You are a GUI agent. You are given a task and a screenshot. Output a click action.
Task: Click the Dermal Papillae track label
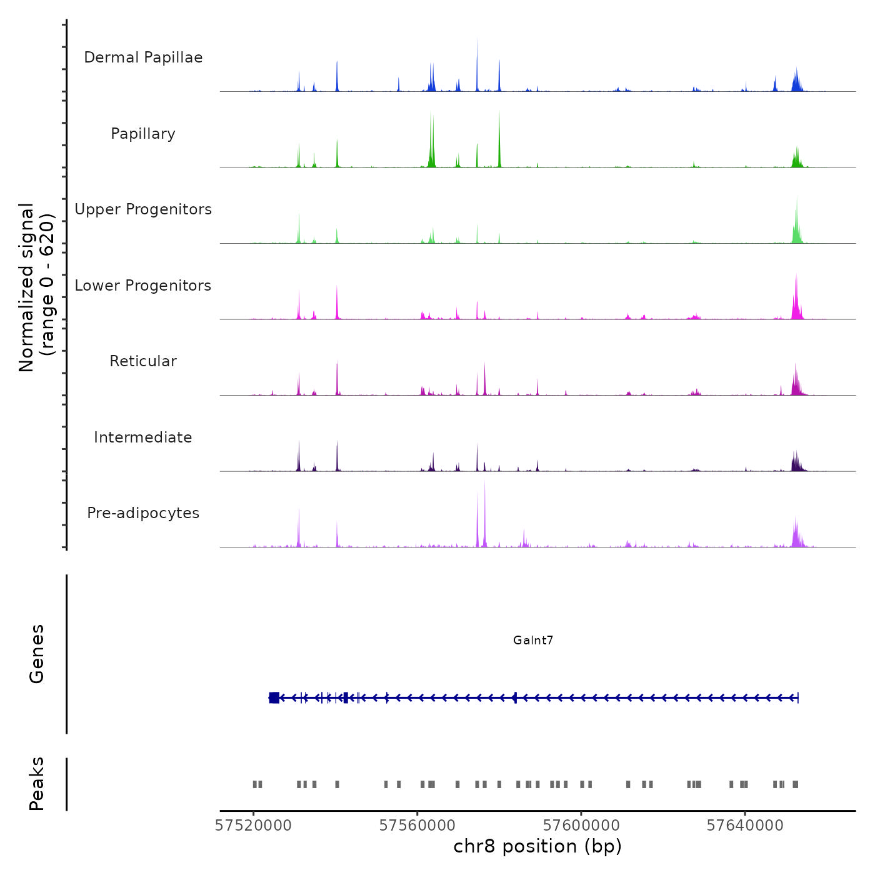pyautogui.click(x=143, y=57)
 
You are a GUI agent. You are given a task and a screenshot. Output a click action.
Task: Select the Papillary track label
pyautogui.click(x=143, y=134)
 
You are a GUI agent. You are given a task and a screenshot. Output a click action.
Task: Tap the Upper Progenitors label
pyautogui.click(x=143, y=209)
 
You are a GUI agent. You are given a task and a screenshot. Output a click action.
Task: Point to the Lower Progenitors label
pyautogui.click(x=143, y=286)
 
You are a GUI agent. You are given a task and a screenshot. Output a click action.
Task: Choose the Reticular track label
pyautogui.click(x=143, y=361)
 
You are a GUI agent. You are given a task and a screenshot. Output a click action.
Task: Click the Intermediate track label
pyautogui.click(x=143, y=437)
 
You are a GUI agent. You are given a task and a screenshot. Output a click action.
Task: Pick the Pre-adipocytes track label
pyautogui.click(x=143, y=513)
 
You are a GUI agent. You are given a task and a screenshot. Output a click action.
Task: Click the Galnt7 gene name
pyautogui.click(x=533, y=640)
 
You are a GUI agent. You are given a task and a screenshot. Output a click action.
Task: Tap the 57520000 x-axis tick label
pyautogui.click(x=253, y=826)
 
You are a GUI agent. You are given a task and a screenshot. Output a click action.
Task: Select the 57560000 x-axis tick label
pyautogui.click(x=417, y=826)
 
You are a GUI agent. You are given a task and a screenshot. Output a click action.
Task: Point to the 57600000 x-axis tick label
pyautogui.click(x=581, y=826)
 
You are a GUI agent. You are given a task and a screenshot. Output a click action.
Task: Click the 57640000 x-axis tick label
pyautogui.click(x=745, y=826)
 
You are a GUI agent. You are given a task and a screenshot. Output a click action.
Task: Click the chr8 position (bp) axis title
pyautogui.click(x=537, y=846)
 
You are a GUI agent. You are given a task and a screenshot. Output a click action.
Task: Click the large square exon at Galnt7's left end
pyautogui.click(x=274, y=697)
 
